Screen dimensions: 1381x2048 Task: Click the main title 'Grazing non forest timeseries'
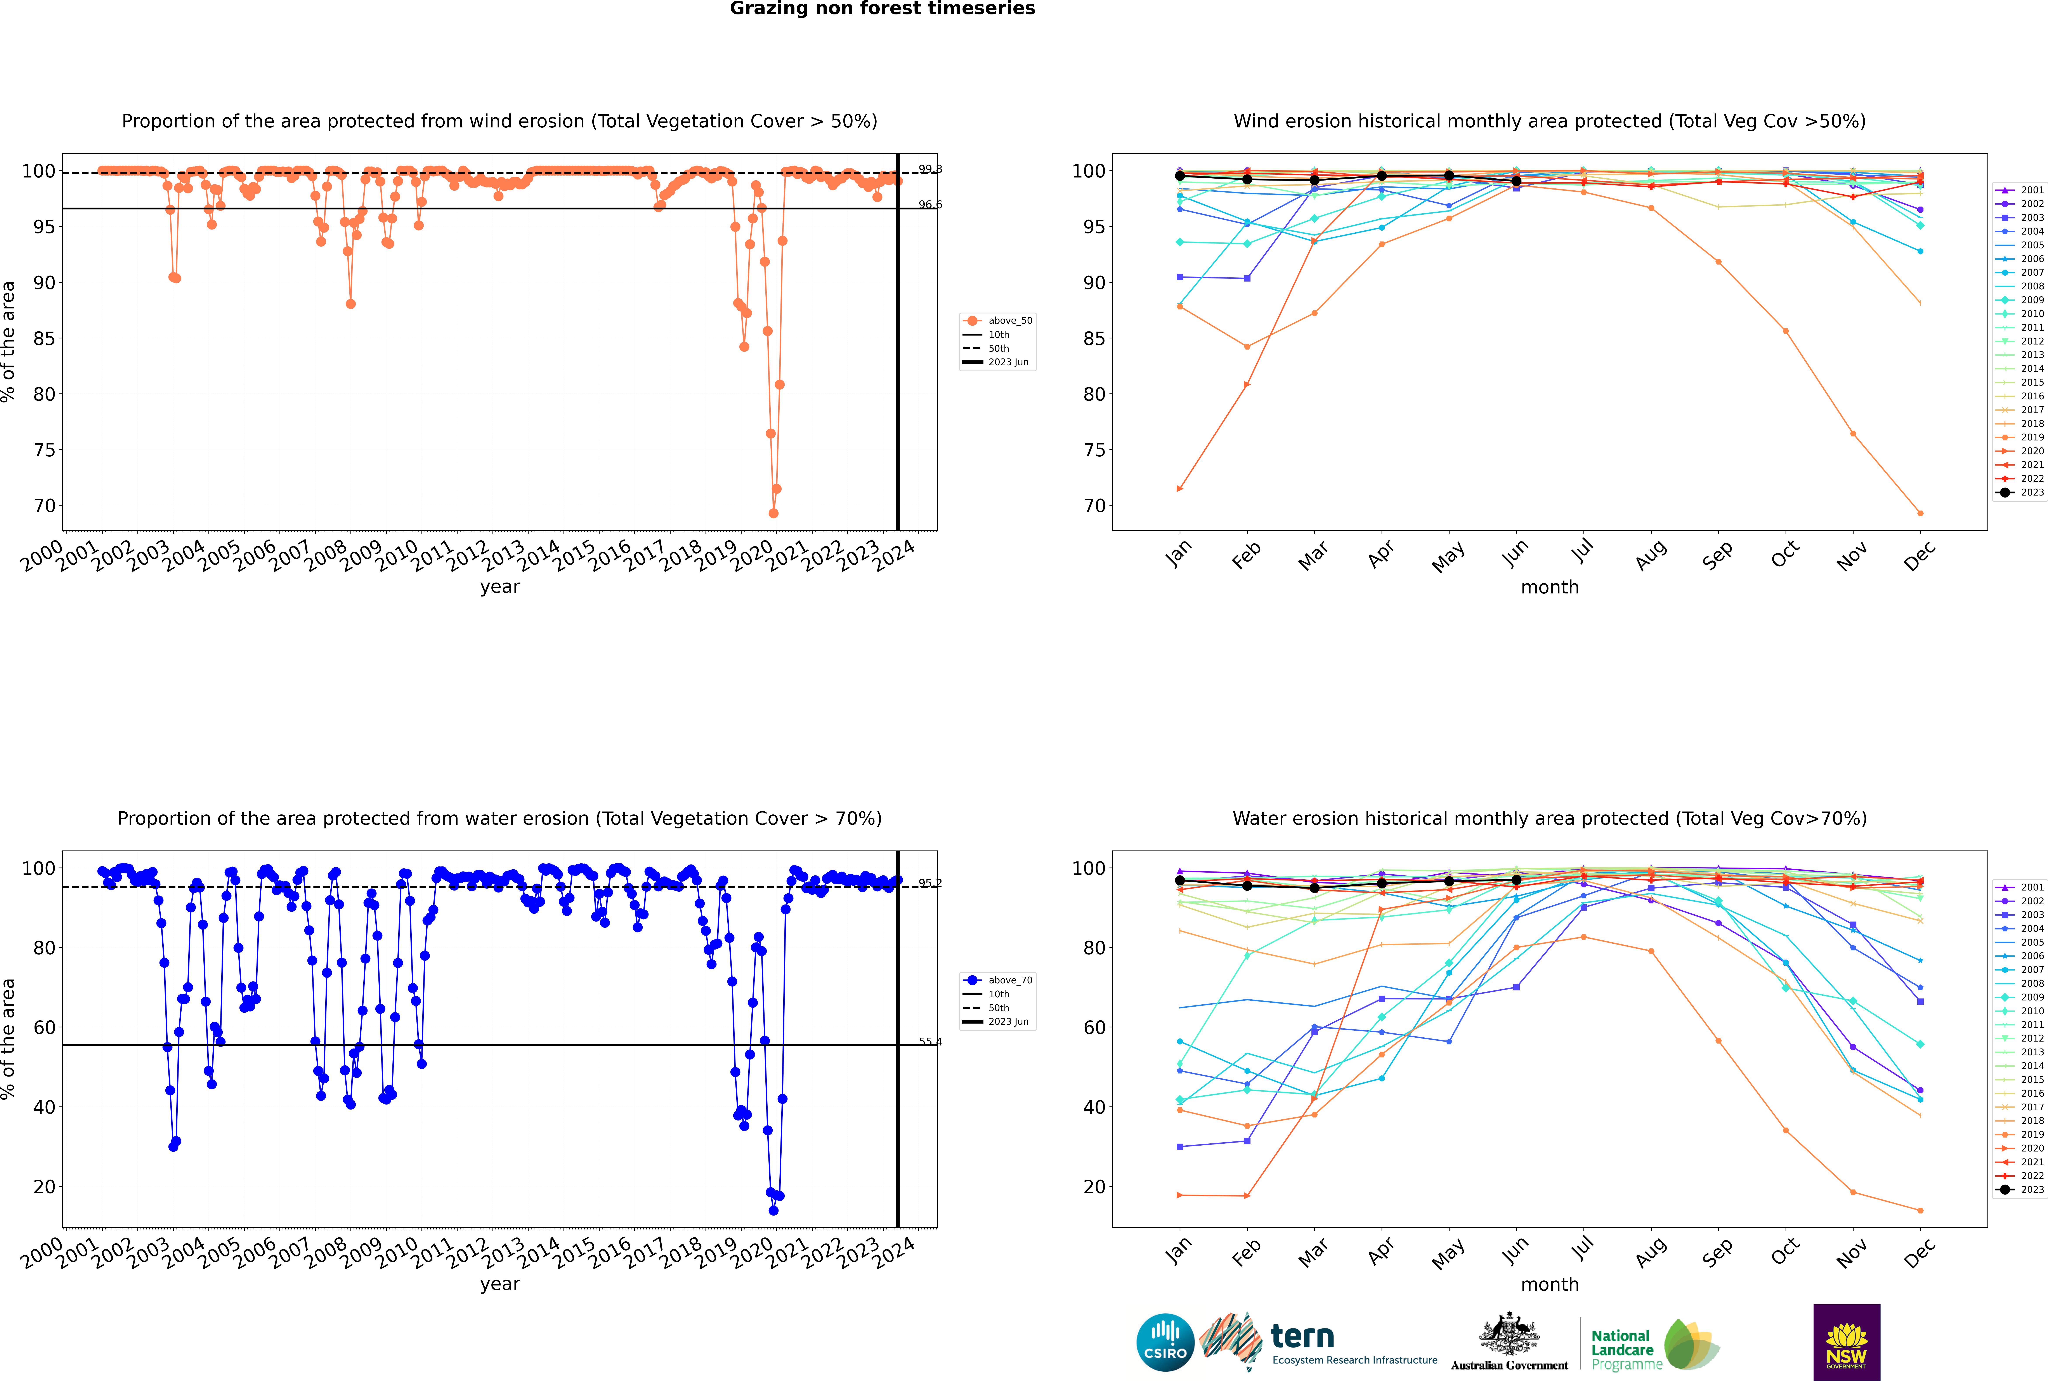pos(882,9)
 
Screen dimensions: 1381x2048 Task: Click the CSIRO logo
pos(1165,1342)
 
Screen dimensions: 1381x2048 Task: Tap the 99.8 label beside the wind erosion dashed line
pos(930,169)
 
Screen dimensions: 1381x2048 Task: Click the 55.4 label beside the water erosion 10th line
pos(930,1042)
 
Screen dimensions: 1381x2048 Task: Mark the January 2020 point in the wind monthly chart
pos(1180,489)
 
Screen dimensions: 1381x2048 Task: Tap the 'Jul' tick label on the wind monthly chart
pos(1582,552)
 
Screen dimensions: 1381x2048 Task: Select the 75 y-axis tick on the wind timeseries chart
pos(44,450)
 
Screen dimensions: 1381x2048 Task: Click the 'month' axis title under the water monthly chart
pos(1550,1284)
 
